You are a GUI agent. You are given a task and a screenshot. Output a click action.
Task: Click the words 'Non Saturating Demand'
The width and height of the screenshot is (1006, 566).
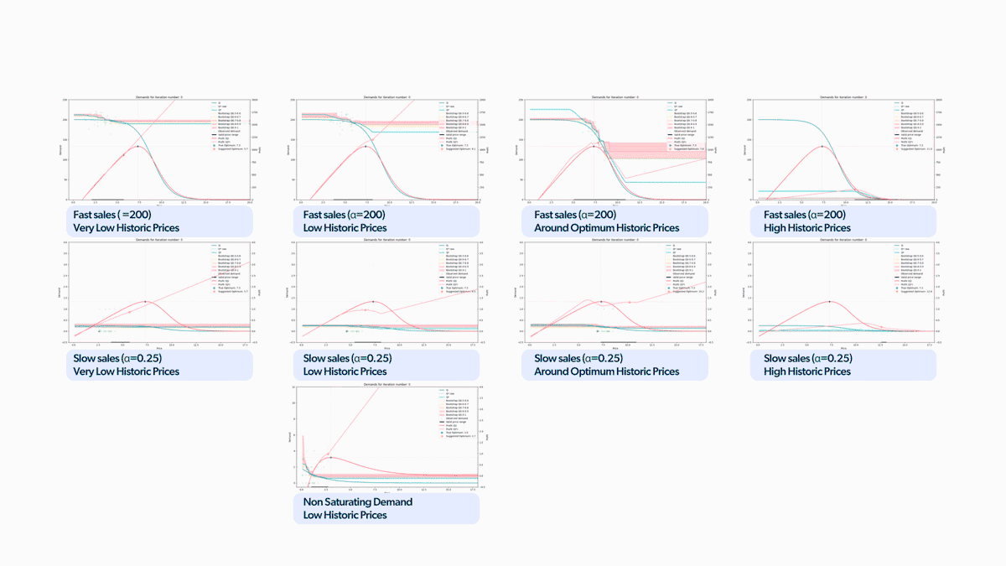coord(358,501)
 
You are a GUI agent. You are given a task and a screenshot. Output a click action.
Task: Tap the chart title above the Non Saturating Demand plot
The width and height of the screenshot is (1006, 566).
coord(386,383)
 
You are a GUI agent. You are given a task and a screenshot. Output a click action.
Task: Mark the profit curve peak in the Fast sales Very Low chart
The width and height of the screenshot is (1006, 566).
coord(137,147)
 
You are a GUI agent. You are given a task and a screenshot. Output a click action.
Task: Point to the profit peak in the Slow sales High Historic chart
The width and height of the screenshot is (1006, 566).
coord(829,301)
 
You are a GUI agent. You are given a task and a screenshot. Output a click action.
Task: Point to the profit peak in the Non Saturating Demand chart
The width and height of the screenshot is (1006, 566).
coord(330,457)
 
